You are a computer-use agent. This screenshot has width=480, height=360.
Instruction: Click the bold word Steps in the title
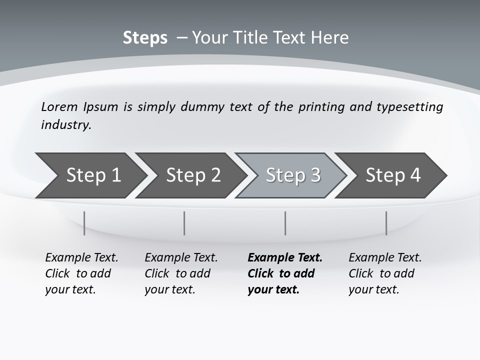(145, 38)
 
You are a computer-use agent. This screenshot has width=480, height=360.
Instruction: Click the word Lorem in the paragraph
(59, 106)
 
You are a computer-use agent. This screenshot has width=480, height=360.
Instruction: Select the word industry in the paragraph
(66, 124)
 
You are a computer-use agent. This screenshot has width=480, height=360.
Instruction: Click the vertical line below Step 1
(84, 223)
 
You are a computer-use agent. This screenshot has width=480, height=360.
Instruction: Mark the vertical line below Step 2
(184, 223)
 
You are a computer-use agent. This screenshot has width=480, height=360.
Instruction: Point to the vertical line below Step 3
(285, 223)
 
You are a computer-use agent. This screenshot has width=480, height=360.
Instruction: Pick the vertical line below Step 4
(386, 223)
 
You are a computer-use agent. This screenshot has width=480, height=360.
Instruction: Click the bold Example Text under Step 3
(285, 258)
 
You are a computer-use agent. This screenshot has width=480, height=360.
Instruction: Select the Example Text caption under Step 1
(81, 258)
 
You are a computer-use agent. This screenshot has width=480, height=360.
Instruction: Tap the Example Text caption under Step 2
(181, 258)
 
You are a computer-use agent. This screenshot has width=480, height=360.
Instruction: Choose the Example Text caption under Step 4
(385, 258)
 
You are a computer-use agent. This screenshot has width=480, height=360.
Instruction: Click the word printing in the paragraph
(321, 107)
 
